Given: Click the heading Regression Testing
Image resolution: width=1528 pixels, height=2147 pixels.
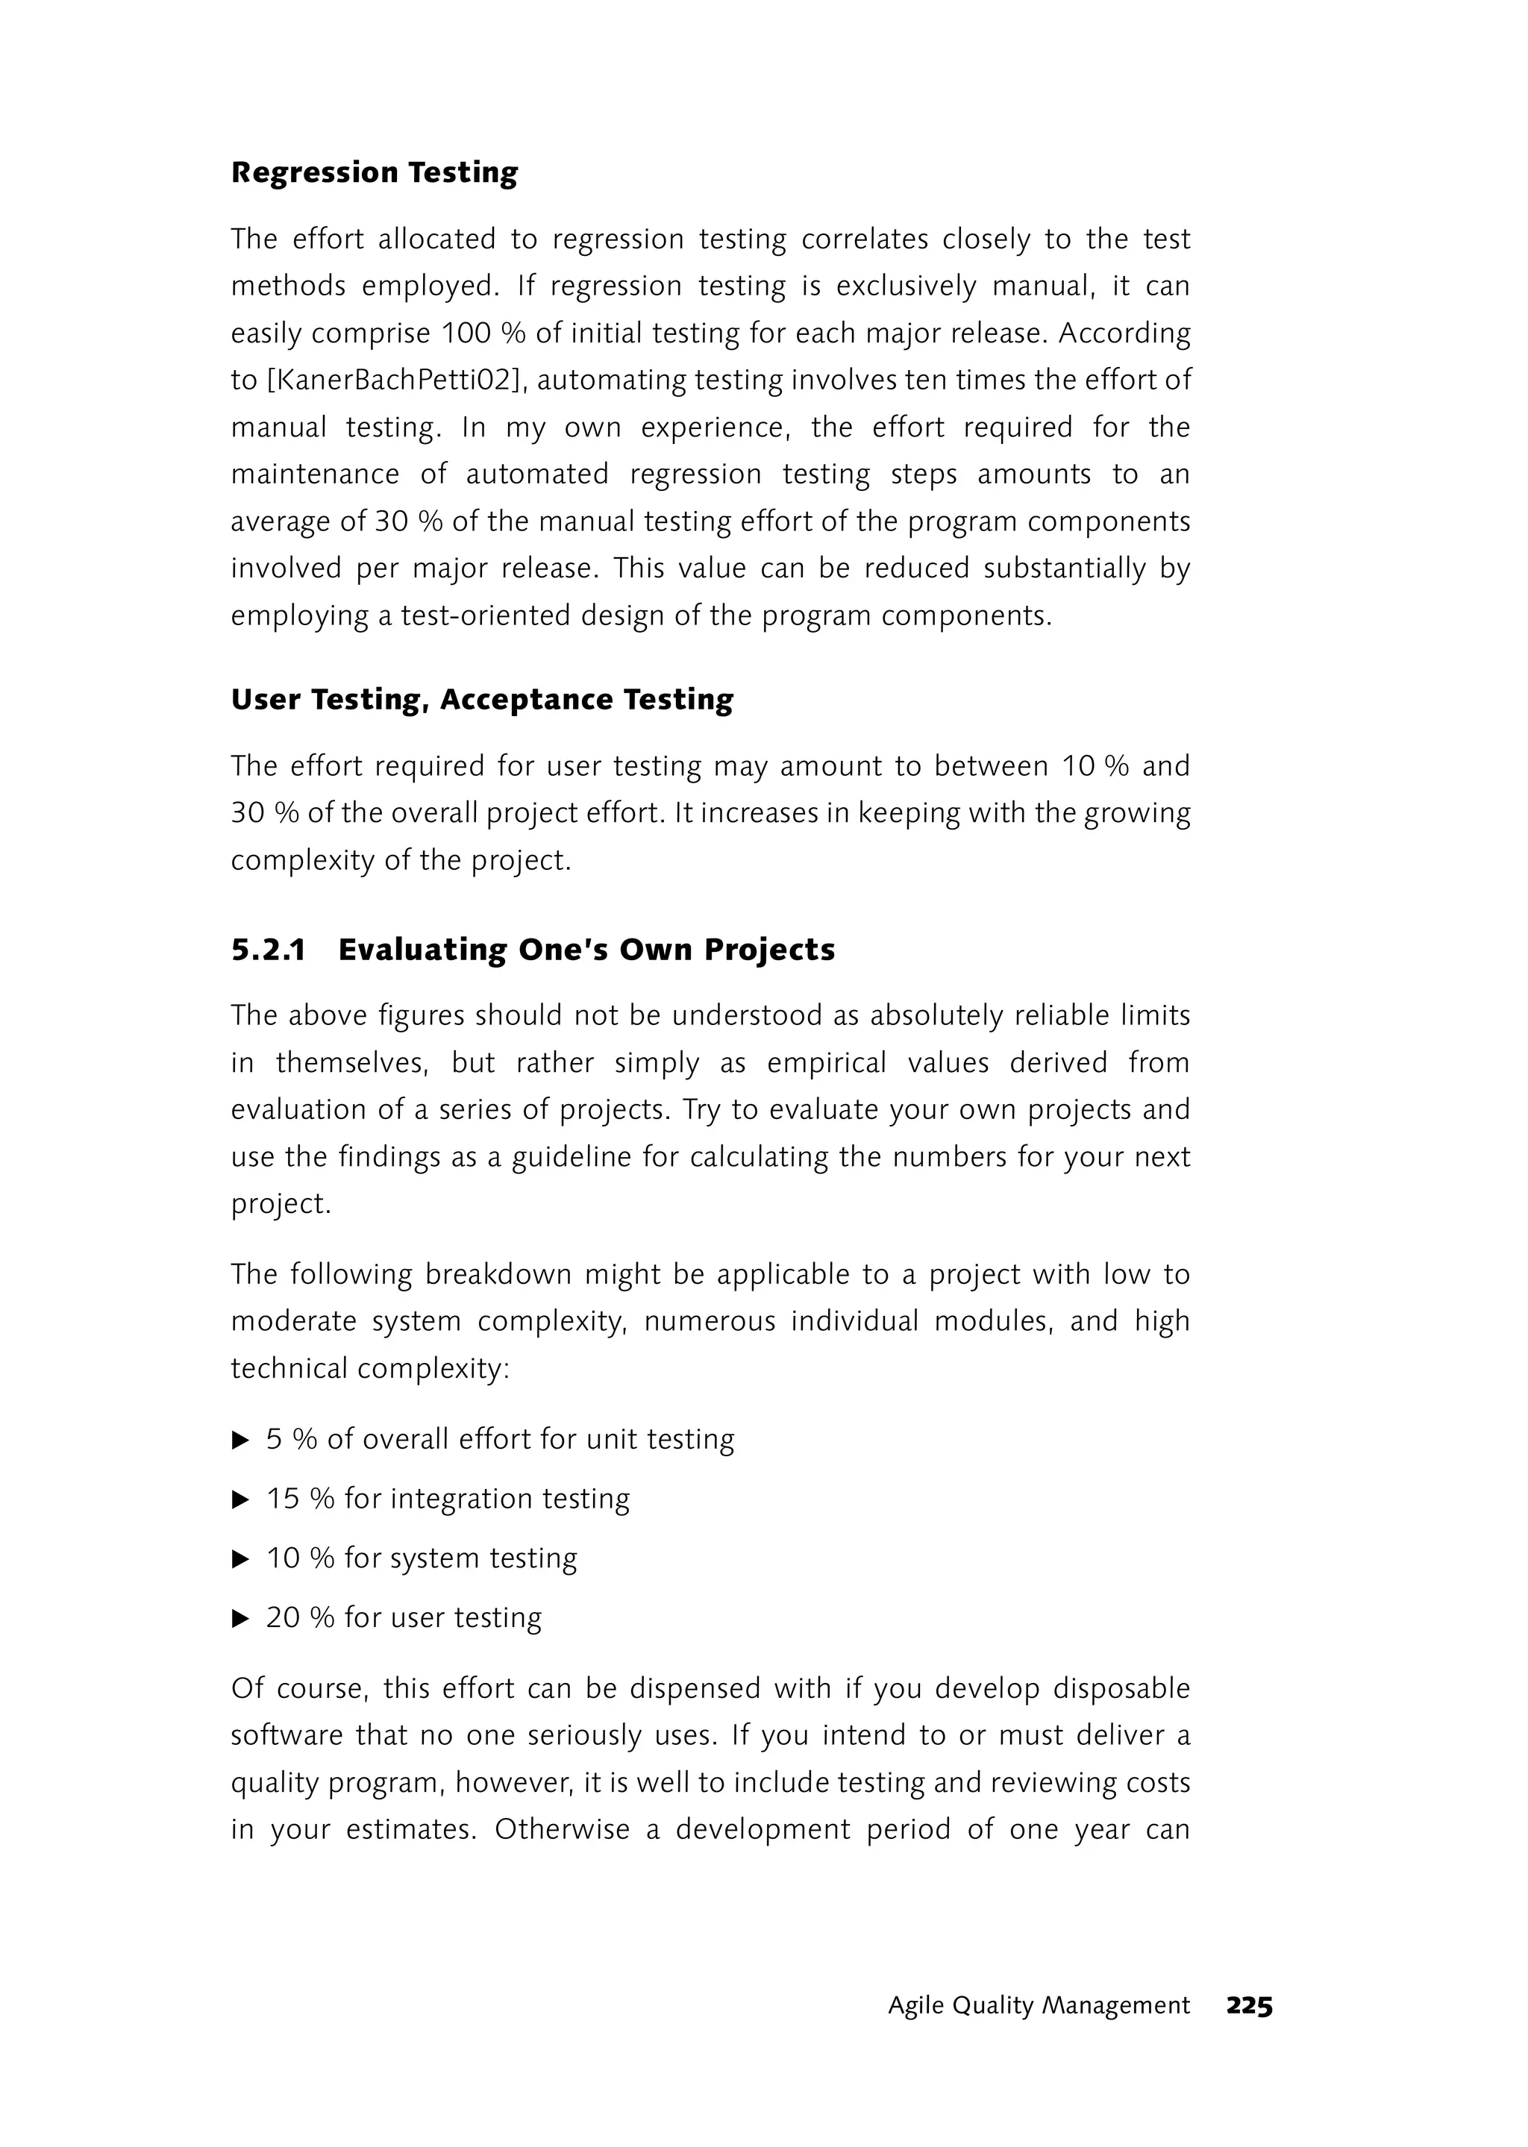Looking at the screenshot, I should tap(374, 173).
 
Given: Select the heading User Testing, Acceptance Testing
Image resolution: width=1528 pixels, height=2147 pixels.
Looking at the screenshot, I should tap(482, 700).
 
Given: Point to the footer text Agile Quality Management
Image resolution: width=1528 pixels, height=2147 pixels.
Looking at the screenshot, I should tap(1038, 2006).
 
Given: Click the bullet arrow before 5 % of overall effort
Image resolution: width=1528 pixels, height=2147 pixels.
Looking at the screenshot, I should tap(241, 1441).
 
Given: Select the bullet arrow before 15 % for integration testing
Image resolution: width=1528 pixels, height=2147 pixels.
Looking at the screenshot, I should tap(241, 1499).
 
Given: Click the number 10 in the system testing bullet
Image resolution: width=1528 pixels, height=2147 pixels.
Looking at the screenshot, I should tap(282, 1558).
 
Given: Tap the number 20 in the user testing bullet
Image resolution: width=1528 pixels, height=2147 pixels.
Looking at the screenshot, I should tap(282, 1617).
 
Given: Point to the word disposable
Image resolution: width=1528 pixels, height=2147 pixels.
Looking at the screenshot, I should tap(1121, 1689).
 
